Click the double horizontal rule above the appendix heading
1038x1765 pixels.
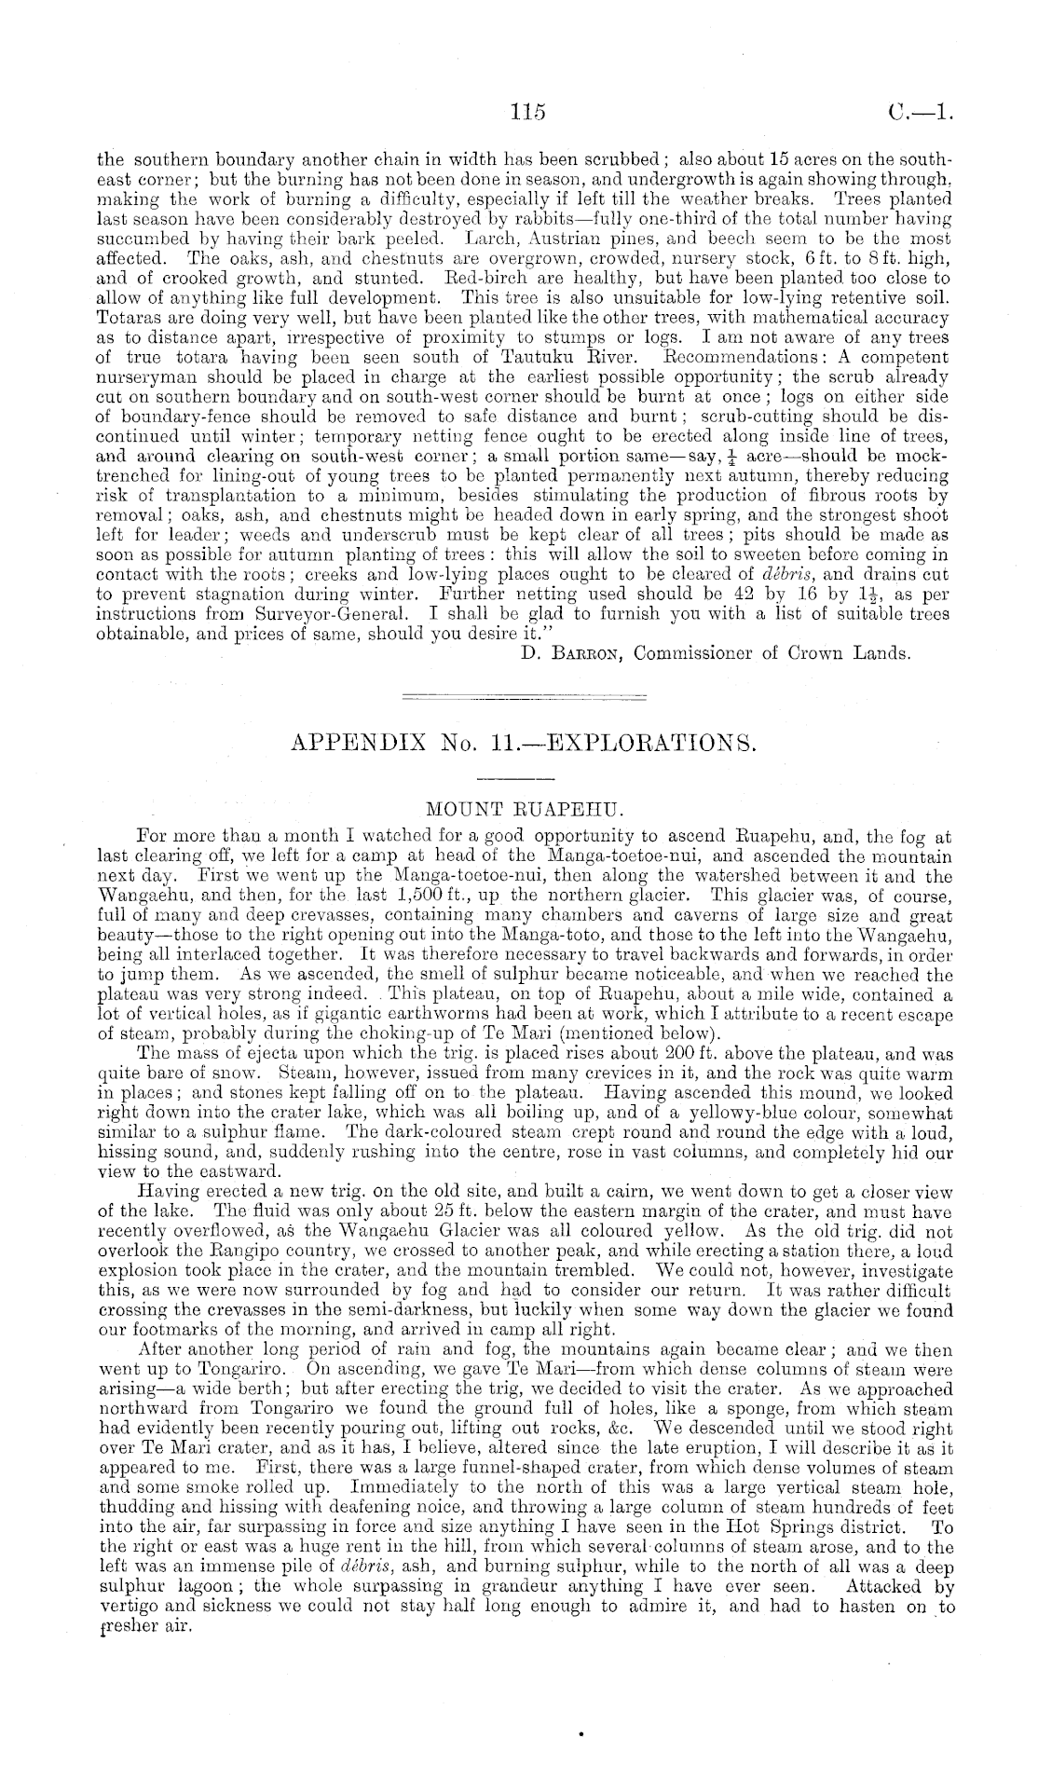point(522,696)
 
